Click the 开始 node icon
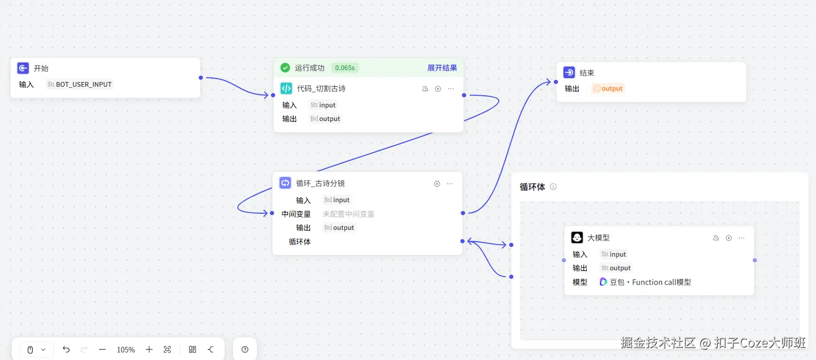[23, 68]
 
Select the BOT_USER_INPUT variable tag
[80, 84]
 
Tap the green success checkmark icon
[285, 68]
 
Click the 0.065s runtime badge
[345, 68]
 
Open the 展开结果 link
[442, 68]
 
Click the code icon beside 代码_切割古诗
[286, 88]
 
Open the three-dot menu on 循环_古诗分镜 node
[450, 184]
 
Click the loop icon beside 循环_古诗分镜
[285, 183]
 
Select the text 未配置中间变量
[348, 214]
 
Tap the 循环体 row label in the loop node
[299, 242]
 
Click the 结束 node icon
[569, 73]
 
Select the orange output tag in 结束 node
[608, 88]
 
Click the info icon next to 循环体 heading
[553, 187]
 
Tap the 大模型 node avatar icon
[577, 237]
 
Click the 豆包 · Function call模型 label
[650, 282]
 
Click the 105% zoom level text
[125, 349]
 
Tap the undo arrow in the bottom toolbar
[66, 349]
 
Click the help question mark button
[245, 349]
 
